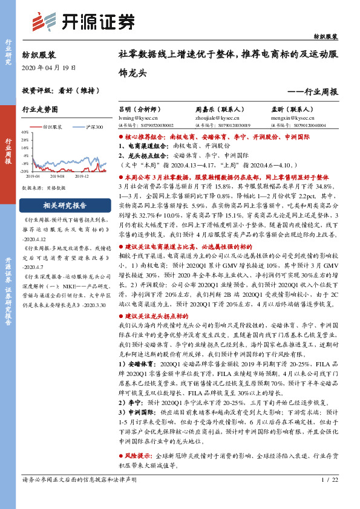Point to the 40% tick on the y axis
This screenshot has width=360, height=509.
pyautogui.click(x=24, y=132)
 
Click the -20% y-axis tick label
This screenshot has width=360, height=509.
pyautogui.click(x=24, y=172)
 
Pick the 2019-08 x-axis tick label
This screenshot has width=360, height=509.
pyautogui.click(x=57, y=176)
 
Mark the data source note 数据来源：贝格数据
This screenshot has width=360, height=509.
pyautogui.click(x=44, y=188)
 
